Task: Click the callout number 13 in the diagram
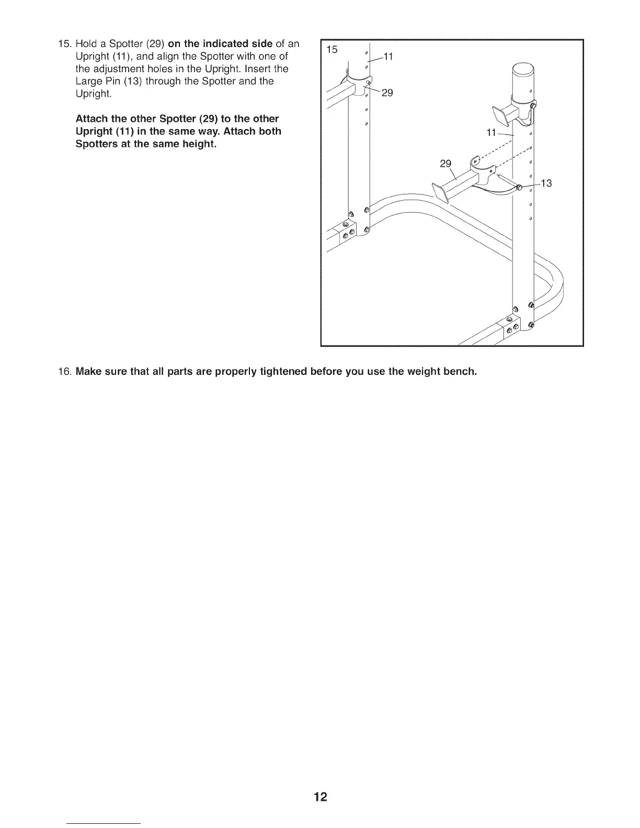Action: click(x=546, y=183)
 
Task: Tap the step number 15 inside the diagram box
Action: click(x=332, y=50)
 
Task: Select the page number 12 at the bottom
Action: click(x=320, y=797)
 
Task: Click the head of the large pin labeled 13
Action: click(x=520, y=188)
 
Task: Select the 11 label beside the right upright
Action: click(x=491, y=133)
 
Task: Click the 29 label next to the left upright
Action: click(x=387, y=93)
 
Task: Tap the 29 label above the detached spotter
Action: click(x=445, y=164)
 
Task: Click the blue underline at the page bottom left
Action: click(x=104, y=823)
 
